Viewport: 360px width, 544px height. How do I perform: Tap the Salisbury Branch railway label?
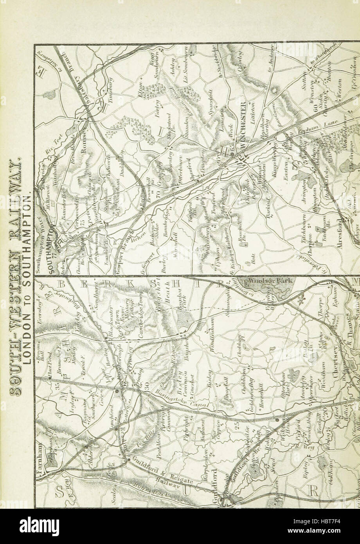[x=74, y=82]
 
